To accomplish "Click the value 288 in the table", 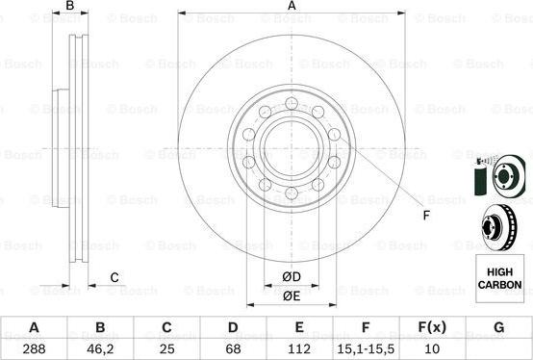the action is [34, 348].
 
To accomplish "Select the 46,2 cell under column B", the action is [100, 349].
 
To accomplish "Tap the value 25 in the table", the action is [166, 348].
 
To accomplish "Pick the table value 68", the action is [233, 348].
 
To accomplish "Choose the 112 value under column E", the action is [299, 348].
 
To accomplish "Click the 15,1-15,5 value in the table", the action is [366, 349].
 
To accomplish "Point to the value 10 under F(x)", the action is [432, 348].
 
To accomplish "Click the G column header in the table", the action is [498, 327].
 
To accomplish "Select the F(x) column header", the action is [432, 327].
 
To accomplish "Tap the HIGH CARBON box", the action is [499, 278].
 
